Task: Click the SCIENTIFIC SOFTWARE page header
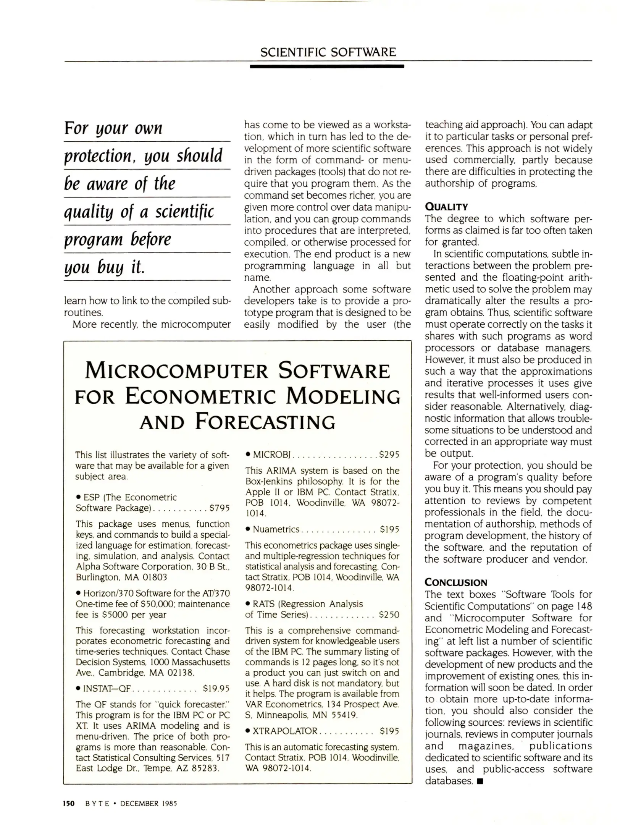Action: tap(328, 52)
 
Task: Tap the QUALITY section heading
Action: tap(446, 207)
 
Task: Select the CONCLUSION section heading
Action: tap(456, 582)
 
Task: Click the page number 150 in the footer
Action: tap(69, 803)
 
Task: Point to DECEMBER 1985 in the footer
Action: tap(149, 804)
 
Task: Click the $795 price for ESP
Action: tap(220, 508)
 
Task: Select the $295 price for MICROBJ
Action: tap(389, 455)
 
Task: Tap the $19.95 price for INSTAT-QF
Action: tap(216, 689)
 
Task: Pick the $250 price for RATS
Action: tap(389, 615)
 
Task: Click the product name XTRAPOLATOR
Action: tap(285, 731)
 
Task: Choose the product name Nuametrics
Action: tap(276, 529)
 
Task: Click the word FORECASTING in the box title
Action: tap(265, 422)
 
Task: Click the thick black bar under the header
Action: tap(327, 66)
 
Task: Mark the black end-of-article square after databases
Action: tap(480, 781)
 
